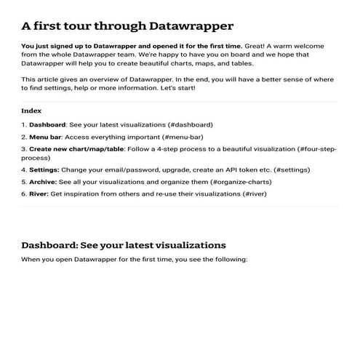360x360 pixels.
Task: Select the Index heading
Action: point(31,111)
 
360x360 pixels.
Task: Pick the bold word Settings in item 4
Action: point(43,169)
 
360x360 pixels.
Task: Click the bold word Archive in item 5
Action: point(42,181)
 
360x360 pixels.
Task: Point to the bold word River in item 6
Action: point(39,193)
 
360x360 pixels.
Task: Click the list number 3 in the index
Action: point(24,148)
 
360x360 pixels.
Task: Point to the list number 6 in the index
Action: point(24,193)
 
